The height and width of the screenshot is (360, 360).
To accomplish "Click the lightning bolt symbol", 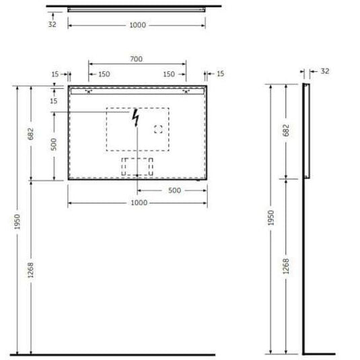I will pyautogui.click(x=137, y=118).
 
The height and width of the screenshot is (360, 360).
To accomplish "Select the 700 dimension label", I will pyautogui.click(x=137, y=59).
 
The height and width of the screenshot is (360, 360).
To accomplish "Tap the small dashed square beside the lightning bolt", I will pyautogui.click(x=159, y=129).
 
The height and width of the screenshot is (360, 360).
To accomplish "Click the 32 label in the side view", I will pyautogui.click(x=325, y=69).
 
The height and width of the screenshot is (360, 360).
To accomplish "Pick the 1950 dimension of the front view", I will pyautogui.click(x=16, y=220).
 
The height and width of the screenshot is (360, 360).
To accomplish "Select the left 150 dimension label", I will pyautogui.click(x=105, y=74).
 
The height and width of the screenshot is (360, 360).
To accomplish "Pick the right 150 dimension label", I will pyautogui.click(x=168, y=74).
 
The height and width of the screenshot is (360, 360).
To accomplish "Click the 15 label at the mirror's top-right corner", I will pyautogui.click(x=220, y=74).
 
